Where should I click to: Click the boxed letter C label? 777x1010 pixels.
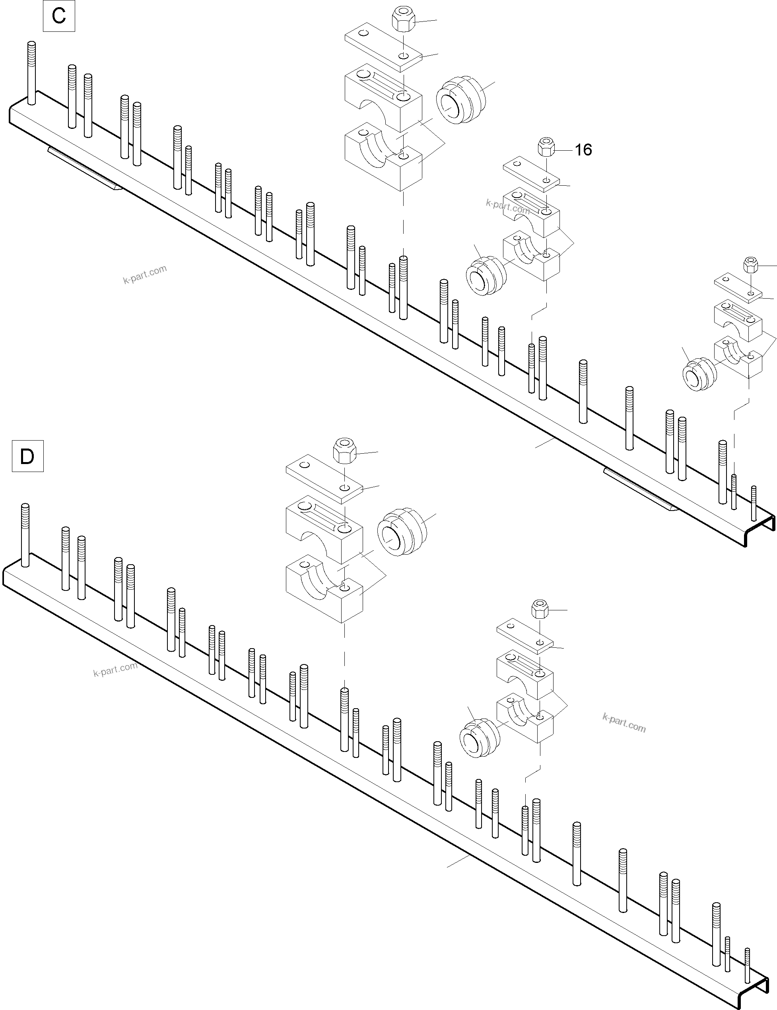click(x=59, y=16)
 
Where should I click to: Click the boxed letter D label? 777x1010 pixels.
click(x=27, y=456)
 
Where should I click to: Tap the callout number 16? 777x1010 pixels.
click(x=583, y=150)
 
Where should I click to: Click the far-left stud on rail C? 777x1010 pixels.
click(x=31, y=73)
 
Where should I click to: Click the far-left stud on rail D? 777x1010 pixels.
click(x=25, y=534)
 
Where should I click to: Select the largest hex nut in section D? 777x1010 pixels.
click(x=344, y=449)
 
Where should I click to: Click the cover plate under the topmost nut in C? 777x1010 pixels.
click(x=383, y=48)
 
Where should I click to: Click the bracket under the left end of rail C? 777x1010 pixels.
click(x=85, y=169)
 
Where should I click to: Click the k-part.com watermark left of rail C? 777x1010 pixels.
click(x=145, y=275)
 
